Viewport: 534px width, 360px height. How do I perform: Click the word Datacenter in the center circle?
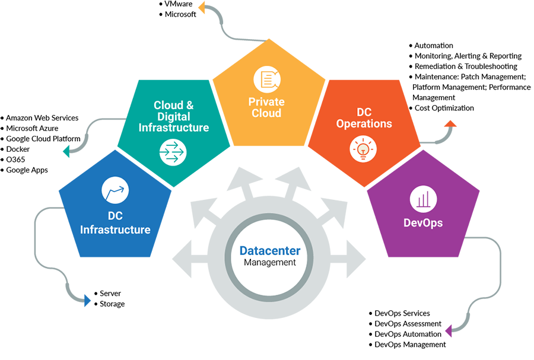coord(270,251)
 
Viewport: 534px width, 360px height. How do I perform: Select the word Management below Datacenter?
coord(270,262)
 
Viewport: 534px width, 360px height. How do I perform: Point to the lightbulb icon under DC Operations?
coord(364,149)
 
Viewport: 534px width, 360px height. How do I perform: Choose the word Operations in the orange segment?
coord(364,124)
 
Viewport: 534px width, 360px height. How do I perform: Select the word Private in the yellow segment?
coord(266,102)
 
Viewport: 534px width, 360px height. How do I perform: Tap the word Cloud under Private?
coord(266,113)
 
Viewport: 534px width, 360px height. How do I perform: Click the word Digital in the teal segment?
coord(173,117)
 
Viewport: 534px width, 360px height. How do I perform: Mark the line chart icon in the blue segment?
coord(115,190)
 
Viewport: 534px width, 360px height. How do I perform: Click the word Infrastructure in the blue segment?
coord(115,230)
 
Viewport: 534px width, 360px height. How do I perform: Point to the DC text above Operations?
coord(364,112)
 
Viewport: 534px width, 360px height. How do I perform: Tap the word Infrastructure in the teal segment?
coord(173,128)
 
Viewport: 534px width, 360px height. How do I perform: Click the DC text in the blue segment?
coord(115,218)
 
